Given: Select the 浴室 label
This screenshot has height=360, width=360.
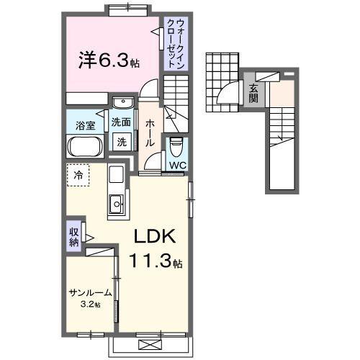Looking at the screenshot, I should [x=86, y=125].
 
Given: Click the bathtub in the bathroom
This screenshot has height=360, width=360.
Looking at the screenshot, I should [x=86, y=148].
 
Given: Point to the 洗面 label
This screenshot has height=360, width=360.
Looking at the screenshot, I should [x=122, y=122].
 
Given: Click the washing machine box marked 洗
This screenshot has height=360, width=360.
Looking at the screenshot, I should [x=122, y=142].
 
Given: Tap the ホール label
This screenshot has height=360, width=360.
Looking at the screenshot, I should [x=149, y=134].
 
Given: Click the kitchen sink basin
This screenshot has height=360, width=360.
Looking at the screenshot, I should [x=117, y=205].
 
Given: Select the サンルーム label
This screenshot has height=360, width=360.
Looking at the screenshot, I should [x=91, y=293].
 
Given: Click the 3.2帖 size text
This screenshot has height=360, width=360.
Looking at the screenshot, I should [x=91, y=305].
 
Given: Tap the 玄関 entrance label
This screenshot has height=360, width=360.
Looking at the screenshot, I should [x=254, y=94].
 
